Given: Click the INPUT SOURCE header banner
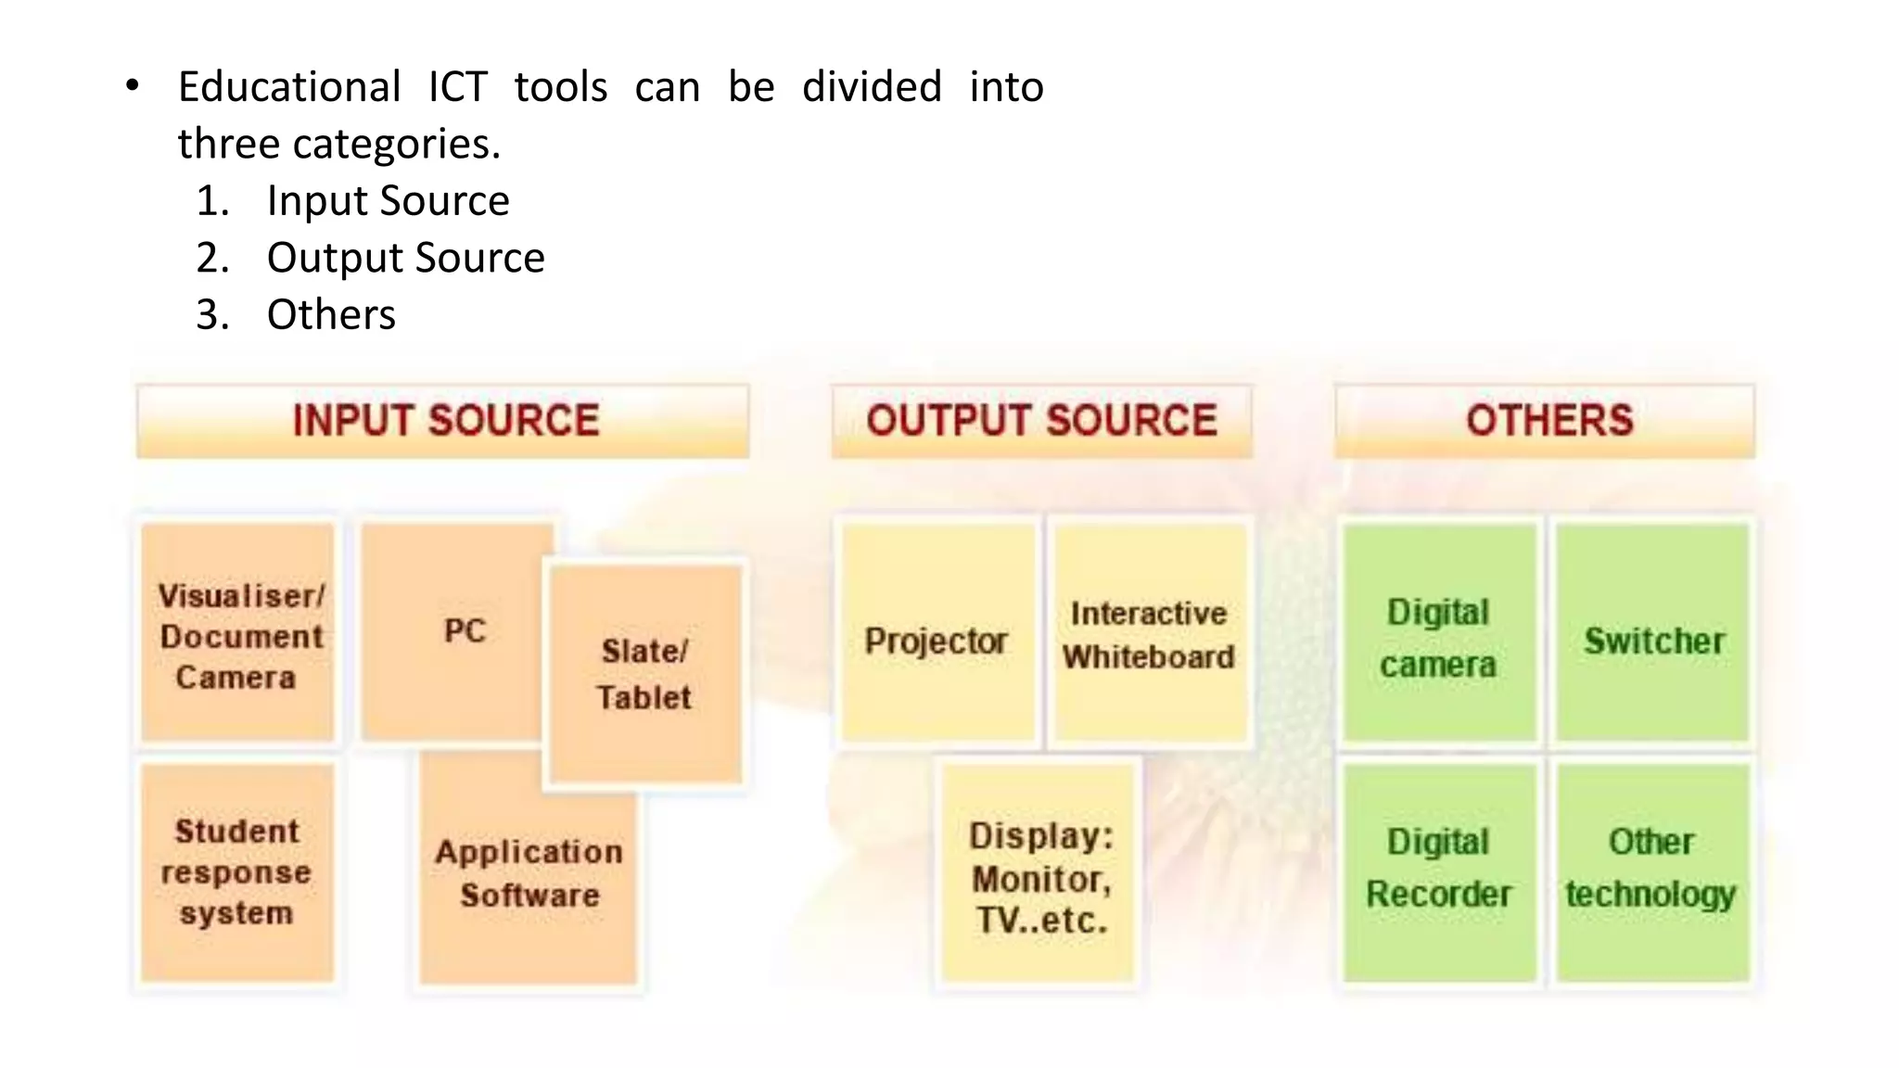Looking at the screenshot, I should pyautogui.click(x=443, y=421).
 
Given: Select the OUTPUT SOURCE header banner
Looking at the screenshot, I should pyautogui.click(x=1041, y=421).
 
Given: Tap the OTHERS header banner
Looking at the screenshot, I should pyautogui.click(x=1545, y=421).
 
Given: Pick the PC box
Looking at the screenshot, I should pyautogui.click(x=454, y=630).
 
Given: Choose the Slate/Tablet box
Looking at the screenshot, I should pyautogui.click(x=645, y=674).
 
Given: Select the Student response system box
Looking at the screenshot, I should pyautogui.click(x=237, y=871).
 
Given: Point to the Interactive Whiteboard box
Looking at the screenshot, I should pyautogui.click(x=1150, y=634).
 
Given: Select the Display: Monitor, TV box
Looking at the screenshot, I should pyautogui.click(x=1040, y=875).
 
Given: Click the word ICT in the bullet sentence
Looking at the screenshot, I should pyautogui.click(x=458, y=87).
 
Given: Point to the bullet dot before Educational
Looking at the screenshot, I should pyautogui.click(x=133, y=86).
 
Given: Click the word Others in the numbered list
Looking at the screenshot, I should pyautogui.click(x=331, y=315).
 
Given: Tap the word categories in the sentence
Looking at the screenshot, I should pyautogui.click(x=397, y=145).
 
